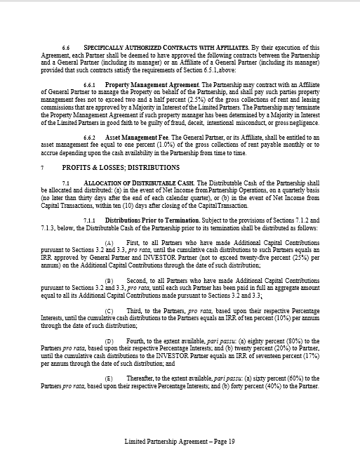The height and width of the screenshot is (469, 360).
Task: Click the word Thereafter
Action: pos(137,377)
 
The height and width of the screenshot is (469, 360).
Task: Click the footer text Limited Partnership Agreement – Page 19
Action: pos(179,442)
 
